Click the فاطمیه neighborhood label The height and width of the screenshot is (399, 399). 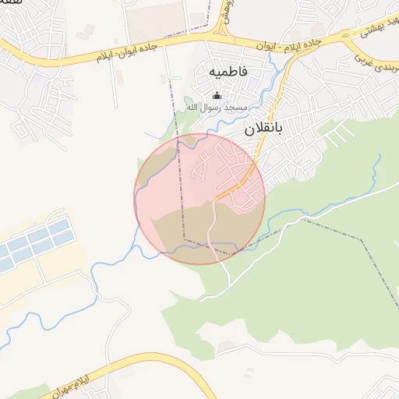coord(228,71)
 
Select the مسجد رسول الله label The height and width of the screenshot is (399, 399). coord(217,107)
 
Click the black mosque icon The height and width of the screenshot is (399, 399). coord(217,96)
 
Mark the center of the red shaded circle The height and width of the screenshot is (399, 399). coord(199,199)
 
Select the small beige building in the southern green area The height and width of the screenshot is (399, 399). coord(225,345)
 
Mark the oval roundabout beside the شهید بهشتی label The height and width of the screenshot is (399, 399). coord(344,36)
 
